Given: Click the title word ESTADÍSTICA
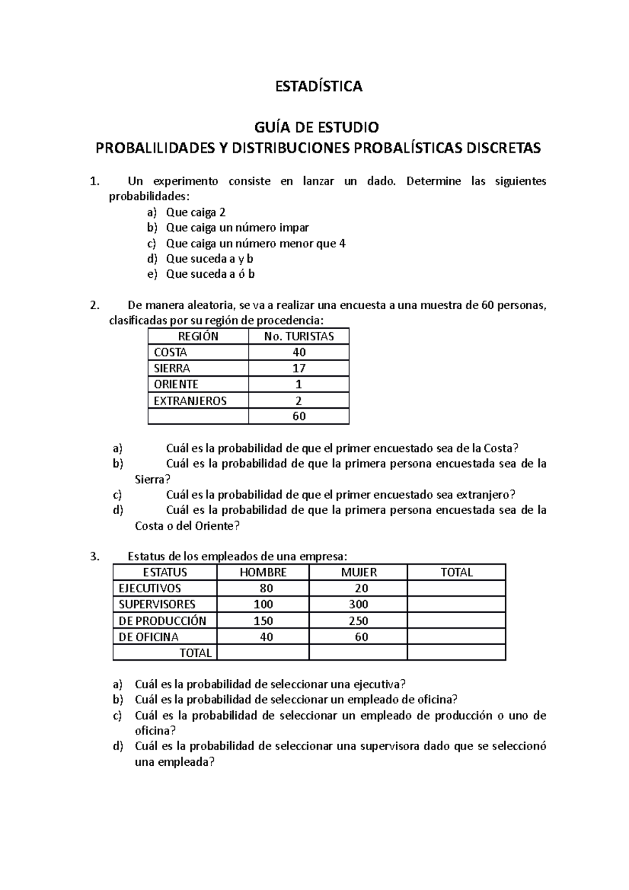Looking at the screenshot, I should [319, 86].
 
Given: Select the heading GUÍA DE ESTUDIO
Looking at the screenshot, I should [316, 127].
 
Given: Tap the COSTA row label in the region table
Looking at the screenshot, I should [170, 352].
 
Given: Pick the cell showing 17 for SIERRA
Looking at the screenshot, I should [299, 368].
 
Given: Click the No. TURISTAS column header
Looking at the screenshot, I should [299, 337].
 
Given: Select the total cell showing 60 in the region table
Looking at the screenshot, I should [299, 416].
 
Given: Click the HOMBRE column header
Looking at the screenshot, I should [263, 572].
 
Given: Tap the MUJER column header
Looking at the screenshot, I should [359, 572].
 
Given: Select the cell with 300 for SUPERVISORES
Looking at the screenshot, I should [359, 604].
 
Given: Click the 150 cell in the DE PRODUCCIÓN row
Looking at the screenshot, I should [263, 621].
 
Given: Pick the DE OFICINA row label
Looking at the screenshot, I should [148, 637].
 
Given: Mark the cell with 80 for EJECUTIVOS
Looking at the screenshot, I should [266, 589].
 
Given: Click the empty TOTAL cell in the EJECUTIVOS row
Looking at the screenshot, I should [456, 589].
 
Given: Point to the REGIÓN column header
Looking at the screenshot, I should [198, 337].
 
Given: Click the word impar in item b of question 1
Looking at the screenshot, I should [294, 227].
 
